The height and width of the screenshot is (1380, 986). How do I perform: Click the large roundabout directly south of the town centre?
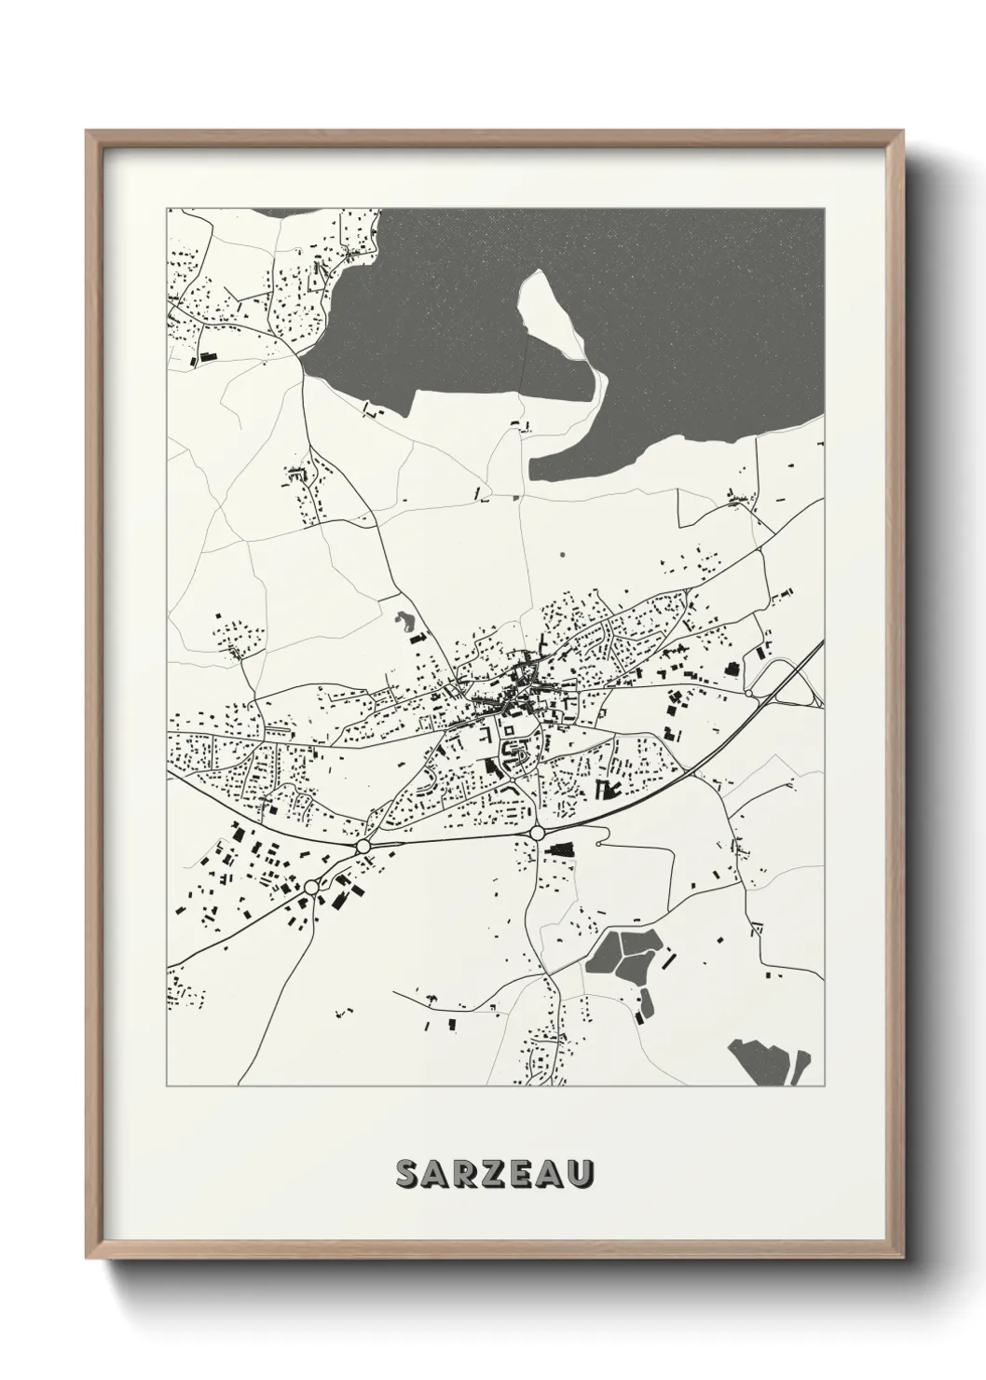click(538, 833)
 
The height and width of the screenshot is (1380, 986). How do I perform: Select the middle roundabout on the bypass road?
click(363, 845)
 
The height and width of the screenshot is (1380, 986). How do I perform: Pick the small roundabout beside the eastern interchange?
click(749, 693)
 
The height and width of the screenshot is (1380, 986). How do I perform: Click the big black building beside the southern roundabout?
click(561, 849)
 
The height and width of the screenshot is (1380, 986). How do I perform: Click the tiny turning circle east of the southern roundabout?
click(607, 844)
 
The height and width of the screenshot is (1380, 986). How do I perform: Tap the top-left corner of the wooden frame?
click(87, 131)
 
